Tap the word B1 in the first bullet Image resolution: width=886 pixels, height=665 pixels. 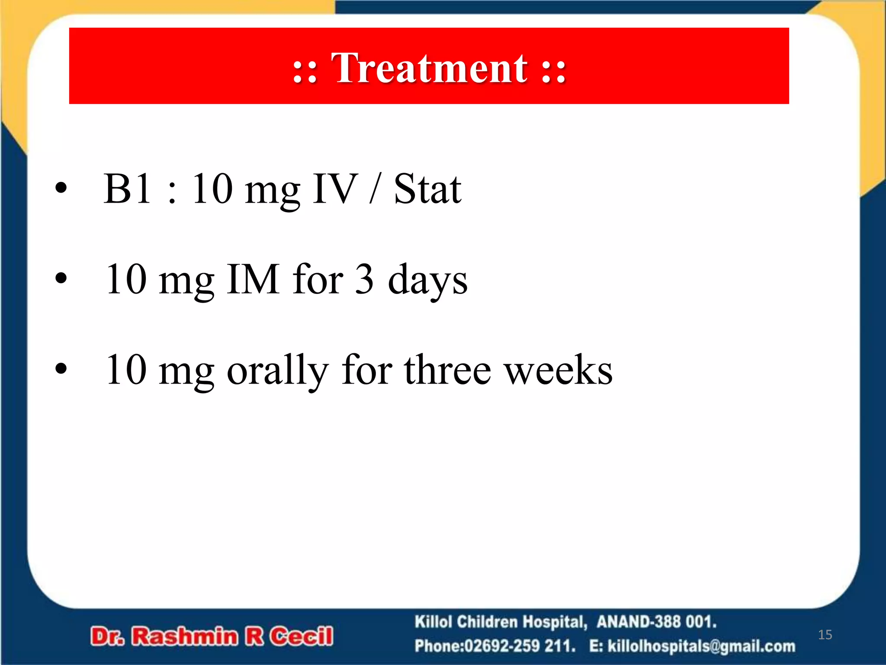point(128,189)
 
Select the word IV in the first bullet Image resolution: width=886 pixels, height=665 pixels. point(335,189)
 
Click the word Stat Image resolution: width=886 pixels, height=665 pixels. point(427,189)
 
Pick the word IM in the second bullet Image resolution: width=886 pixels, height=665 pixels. point(253,280)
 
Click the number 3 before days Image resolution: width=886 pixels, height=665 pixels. point(364,280)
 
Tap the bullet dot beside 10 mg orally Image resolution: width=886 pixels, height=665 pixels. point(61,369)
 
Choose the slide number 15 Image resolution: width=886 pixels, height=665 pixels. point(825,635)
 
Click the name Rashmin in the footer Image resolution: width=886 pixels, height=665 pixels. point(185,636)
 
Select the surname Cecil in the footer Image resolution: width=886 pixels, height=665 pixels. point(302,636)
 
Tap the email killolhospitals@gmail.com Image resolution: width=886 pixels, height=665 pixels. point(701,646)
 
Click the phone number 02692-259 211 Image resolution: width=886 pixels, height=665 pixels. point(519,646)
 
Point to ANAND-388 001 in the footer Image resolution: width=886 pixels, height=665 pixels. point(656,622)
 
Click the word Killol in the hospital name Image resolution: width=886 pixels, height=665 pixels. point(433,622)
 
